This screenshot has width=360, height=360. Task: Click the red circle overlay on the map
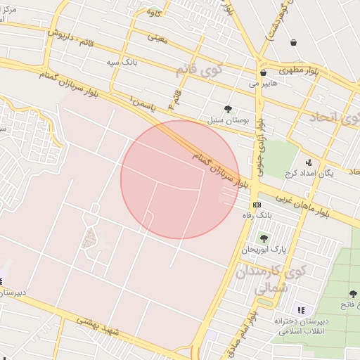coord(180,179)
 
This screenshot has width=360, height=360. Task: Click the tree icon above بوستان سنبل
coord(228,108)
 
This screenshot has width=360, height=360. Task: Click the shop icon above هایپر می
coord(263,72)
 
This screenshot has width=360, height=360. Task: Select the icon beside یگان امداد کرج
coord(307,162)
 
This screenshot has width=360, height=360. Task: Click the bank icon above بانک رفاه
coord(257,204)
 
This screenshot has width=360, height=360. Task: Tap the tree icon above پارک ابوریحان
coord(263,238)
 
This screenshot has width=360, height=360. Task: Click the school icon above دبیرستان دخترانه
coord(301,310)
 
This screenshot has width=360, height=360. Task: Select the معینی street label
coord(158,38)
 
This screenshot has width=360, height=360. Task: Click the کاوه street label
coord(153,13)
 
